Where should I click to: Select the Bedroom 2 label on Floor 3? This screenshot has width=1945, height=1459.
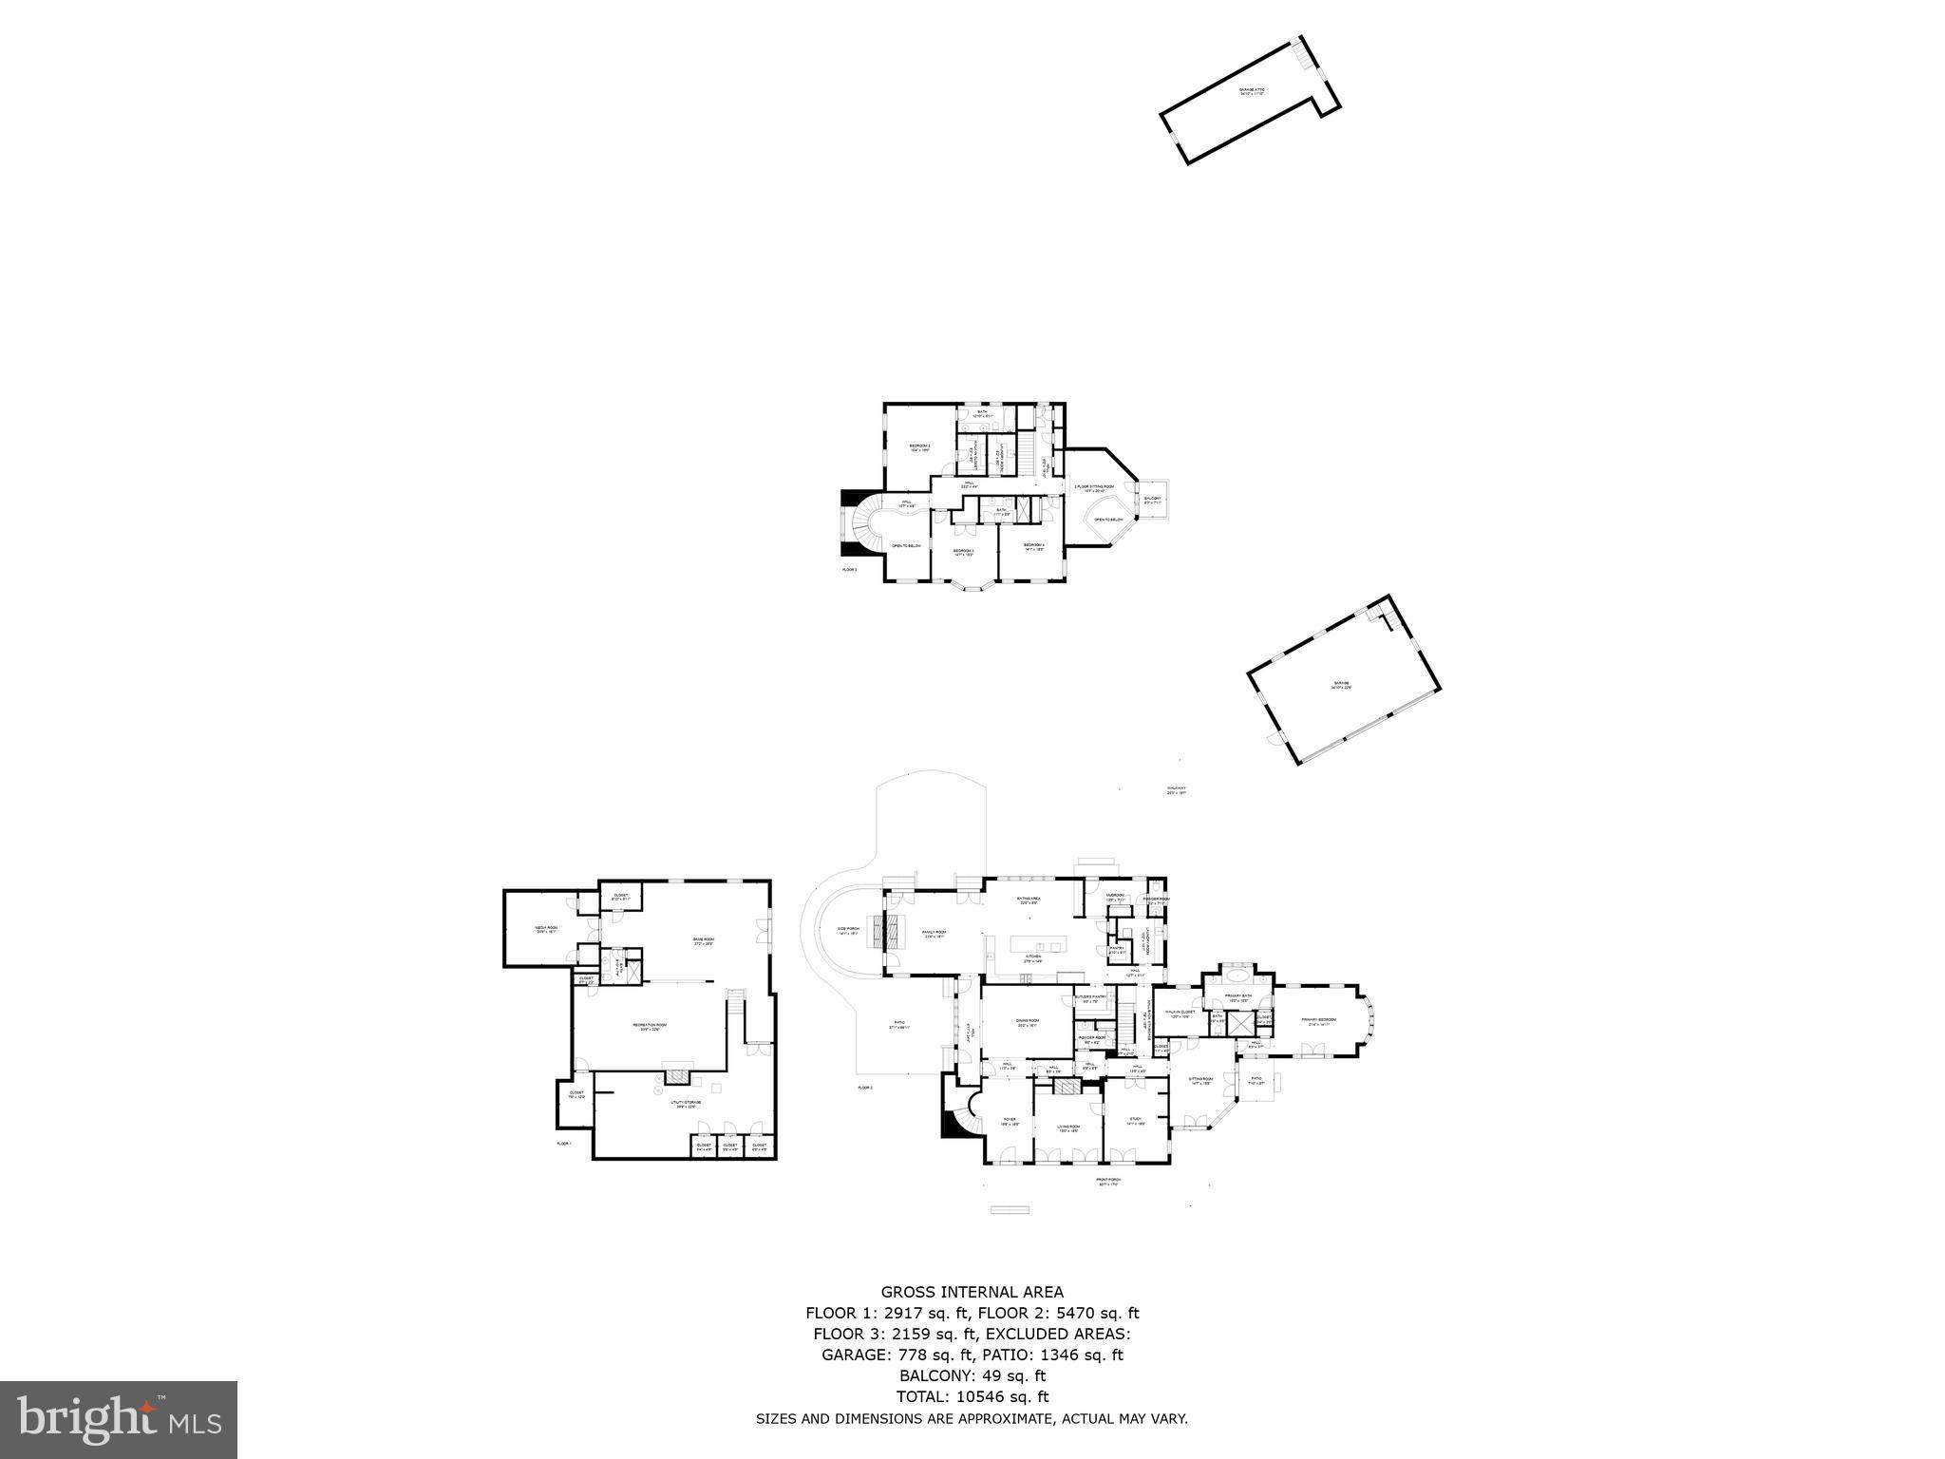tap(919, 447)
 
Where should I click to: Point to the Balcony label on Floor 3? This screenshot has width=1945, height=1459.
tap(1151, 500)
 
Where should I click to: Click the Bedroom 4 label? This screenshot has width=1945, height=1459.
tap(1033, 546)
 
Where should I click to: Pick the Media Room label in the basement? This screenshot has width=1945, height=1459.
tap(545, 930)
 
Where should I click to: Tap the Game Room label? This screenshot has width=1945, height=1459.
tap(703, 941)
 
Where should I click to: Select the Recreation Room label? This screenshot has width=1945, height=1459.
tap(650, 1027)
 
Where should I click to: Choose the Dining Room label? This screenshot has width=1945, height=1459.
tap(1028, 1023)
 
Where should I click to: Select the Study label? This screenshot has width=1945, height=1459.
tap(1136, 1122)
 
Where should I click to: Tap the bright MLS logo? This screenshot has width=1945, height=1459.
tap(119, 1421)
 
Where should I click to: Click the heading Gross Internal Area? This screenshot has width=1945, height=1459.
tap(972, 1292)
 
